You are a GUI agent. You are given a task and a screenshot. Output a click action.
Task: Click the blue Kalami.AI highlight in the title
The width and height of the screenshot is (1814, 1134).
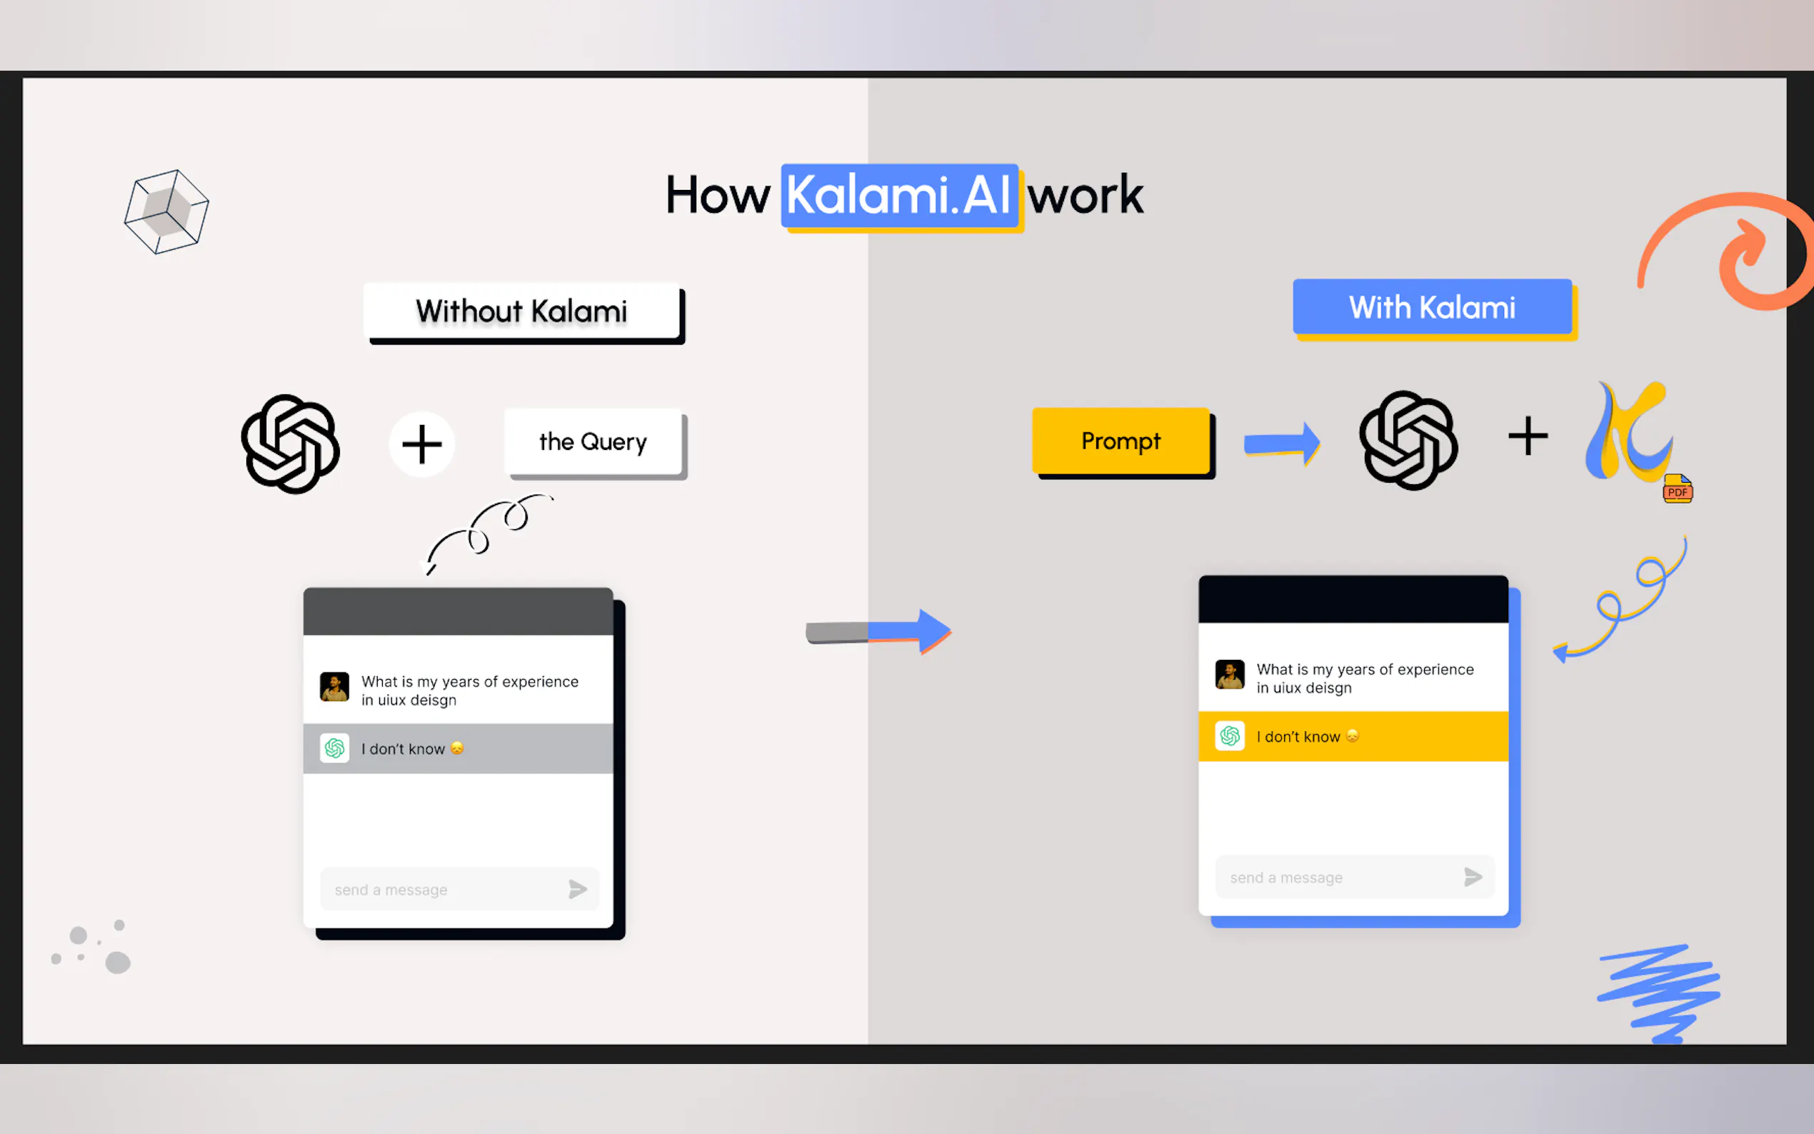pos(899,196)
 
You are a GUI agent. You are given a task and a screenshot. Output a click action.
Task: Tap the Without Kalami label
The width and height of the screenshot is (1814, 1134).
pos(522,311)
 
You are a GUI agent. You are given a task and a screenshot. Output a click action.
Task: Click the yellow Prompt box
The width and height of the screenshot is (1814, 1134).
pos(1121,441)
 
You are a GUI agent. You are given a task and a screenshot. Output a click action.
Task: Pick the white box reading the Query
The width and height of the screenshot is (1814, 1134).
pos(593,442)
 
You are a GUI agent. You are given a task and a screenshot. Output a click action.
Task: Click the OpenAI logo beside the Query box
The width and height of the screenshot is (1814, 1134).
pos(290,444)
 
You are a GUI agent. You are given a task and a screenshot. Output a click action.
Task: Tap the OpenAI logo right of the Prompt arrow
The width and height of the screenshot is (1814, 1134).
pos(1408,441)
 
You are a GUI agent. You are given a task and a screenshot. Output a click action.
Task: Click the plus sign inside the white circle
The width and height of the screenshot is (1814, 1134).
pos(421,444)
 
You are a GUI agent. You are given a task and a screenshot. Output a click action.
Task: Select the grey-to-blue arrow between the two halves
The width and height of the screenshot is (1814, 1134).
pos(878,631)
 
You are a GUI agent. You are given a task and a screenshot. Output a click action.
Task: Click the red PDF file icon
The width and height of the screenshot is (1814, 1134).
pos(1677,489)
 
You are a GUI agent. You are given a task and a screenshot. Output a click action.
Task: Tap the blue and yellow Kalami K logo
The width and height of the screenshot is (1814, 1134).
pos(1628,433)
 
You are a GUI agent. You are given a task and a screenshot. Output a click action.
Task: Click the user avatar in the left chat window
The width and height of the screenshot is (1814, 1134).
pos(334,686)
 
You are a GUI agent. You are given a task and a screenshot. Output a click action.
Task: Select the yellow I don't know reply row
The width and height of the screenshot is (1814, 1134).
pos(1353,736)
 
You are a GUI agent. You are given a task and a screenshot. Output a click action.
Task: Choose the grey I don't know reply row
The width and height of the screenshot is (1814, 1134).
pos(458,748)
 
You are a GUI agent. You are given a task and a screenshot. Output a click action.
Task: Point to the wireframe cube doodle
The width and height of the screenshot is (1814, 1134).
pos(166,211)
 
